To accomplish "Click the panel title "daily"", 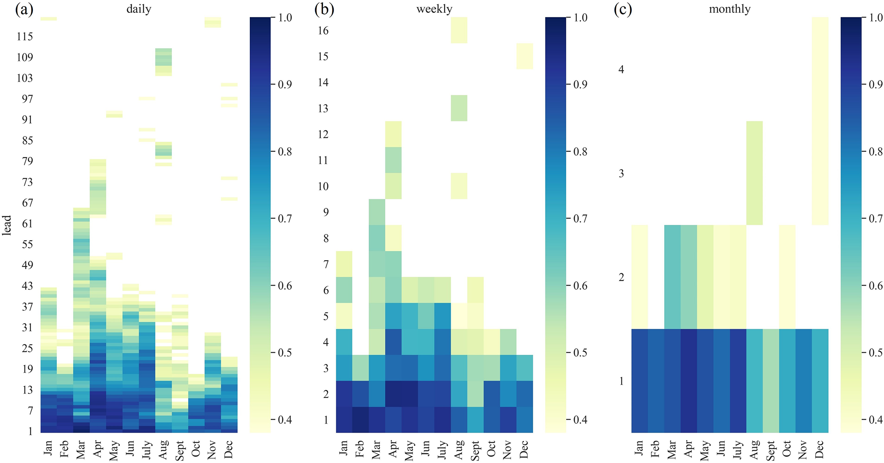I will click(x=139, y=9).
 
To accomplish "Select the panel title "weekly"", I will click(x=434, y=9).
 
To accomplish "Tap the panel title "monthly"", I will click(x=730, y=9).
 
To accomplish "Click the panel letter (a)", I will click(x=24, y=9).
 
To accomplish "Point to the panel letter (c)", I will click(x=623, y=9).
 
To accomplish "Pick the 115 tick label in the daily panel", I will click(x=25, y=37).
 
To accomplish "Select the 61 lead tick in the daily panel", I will click(x=27, y=224).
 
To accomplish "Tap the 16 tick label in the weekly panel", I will click(x=323, y=30).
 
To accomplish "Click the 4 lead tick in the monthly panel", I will click(x=621, y=69).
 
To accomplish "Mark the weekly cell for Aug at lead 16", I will click(x=459, y=30).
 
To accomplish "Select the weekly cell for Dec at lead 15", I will click(x=525, y=56).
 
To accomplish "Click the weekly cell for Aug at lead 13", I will click(x=459, y=108).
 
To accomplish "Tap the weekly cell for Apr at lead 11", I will click(x=393, y=160).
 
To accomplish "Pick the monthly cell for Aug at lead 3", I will click(x=754, y=173).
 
